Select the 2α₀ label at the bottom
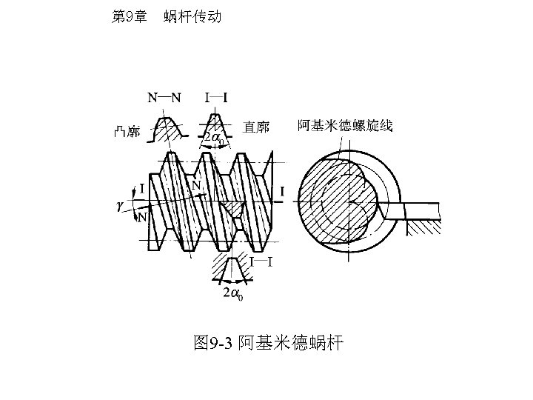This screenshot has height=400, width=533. click(x=233, y=295)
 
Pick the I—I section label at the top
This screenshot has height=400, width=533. click(x=216, y=97)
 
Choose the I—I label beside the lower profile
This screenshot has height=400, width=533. click(x=261, y=261)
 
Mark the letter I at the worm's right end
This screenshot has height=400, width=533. click(x=282, y=192)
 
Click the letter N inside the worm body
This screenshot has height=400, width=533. click(x=196, y=185)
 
